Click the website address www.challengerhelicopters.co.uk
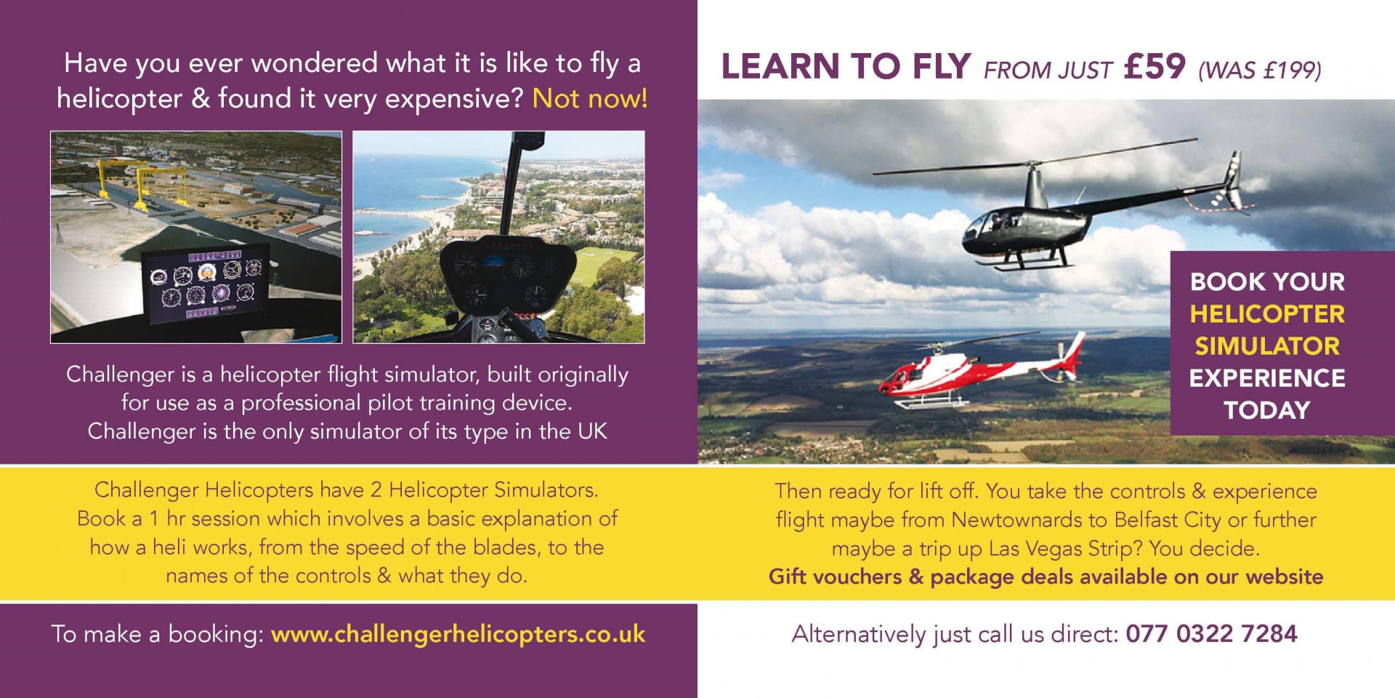tap(458, 634)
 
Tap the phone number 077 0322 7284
tap(1211, 633)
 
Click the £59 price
tap(1154, 66)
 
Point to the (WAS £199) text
tap(1259, 70)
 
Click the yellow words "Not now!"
tap(589, 98)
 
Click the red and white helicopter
tap(981, 371)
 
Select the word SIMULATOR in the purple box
tap(1267, 346)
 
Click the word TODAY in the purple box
tap(1267, 410)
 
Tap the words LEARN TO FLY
tap(846, 66)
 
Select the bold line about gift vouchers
tap(1046, 577)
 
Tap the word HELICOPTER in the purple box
tap(1267, 314)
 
